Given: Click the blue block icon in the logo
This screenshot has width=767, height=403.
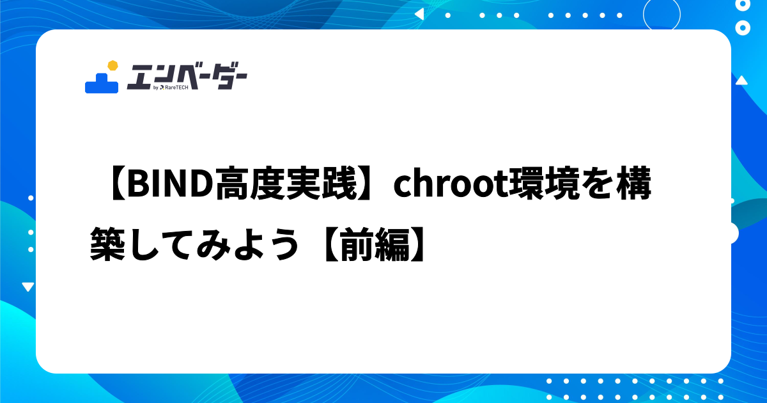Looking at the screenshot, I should tap(102, 83).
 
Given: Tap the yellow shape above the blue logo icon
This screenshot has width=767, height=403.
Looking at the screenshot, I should tap(113, 65).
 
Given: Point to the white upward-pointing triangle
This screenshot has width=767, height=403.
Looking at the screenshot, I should tap(741, 81).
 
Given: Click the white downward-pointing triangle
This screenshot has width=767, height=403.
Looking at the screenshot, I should tap(27, 287).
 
